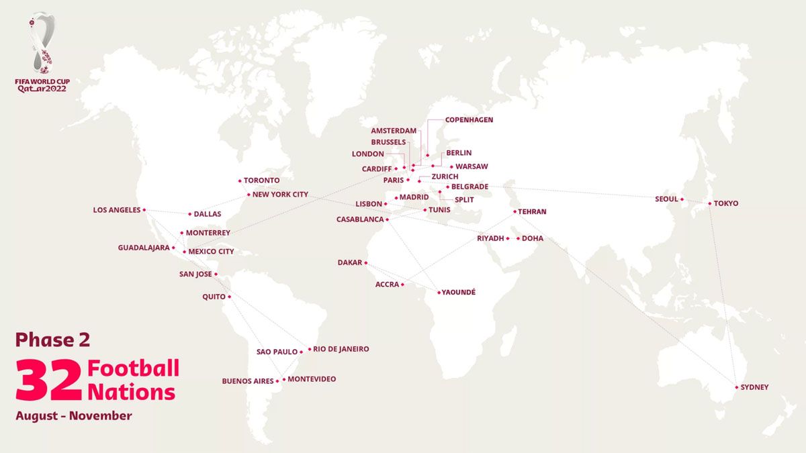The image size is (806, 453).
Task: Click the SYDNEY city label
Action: (755, 387)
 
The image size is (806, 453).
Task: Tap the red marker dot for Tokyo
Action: (710, 203)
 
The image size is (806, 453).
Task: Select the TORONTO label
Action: (261, 181)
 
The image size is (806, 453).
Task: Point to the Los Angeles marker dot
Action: (144, 210)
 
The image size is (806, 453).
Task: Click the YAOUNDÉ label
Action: (459, 293)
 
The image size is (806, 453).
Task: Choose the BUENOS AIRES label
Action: (248, 381)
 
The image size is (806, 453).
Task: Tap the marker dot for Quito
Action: (229, 297)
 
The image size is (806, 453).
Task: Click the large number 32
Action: (49, 381)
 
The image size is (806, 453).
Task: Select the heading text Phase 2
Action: (52, 340)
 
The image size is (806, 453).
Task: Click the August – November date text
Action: (74, 416)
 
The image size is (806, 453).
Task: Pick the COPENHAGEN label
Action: (469, 119)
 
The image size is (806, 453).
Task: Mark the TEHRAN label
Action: (532, 211)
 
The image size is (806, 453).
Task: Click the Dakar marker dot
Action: (366, 263)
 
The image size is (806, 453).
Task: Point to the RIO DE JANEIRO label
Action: (341, 349)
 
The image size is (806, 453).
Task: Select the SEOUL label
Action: (666, 199)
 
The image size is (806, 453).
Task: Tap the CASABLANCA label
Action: (361, 219)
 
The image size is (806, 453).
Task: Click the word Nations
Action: (132, 392)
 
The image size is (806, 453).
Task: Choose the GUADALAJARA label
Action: (144, 248)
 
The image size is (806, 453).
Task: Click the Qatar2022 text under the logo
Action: (42, 89)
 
